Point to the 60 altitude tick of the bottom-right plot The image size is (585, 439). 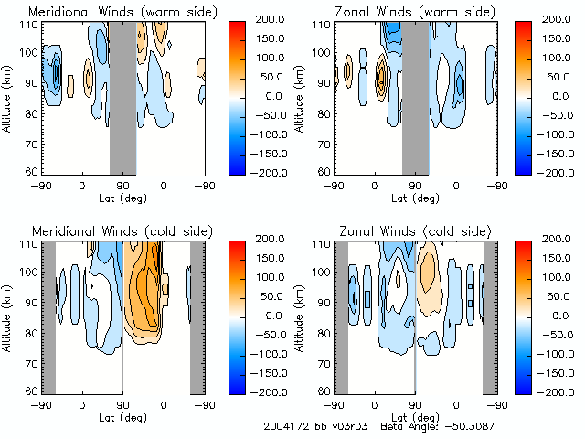(321, 391)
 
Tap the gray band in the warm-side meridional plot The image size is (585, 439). (122, 96)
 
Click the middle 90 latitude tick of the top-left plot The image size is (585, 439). (122, 185)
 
